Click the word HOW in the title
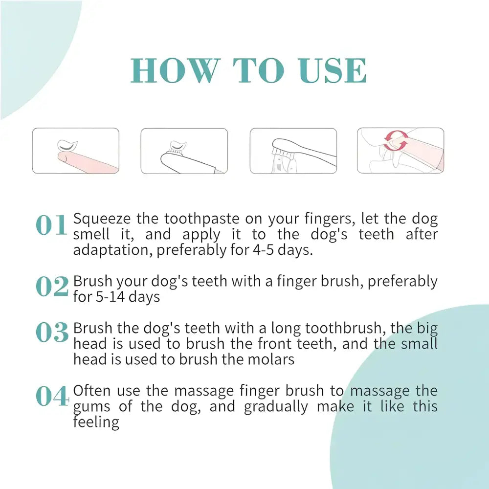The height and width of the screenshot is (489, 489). [174, 70]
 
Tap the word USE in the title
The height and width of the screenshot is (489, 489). [332, 70]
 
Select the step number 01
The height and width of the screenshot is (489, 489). [51, 225]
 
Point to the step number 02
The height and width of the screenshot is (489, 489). [52, 287]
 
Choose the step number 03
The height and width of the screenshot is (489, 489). [52, 332]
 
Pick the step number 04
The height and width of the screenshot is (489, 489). [52, 396]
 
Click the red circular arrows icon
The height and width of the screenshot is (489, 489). [396, 141]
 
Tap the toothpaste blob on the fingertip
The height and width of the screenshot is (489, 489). [67, 146]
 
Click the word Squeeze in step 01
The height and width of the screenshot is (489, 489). [102, 219]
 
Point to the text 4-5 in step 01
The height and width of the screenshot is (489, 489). [263, 250]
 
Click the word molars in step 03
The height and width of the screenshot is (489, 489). [271, 359]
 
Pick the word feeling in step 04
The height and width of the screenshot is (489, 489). [96, 423]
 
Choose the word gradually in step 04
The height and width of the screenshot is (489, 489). [276, 407]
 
